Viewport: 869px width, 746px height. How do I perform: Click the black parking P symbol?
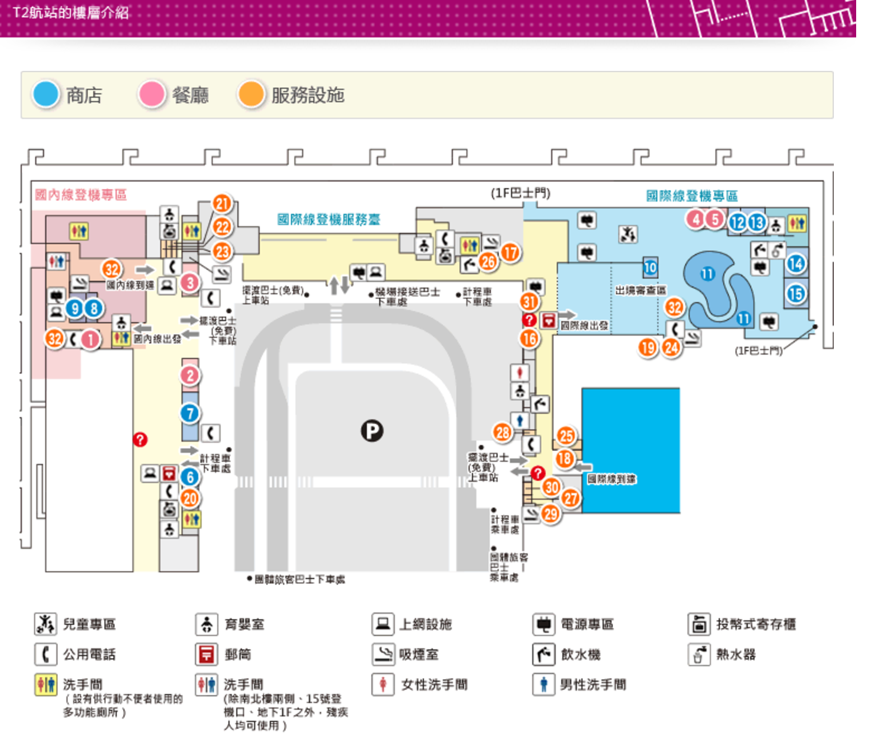[x=372, y=431]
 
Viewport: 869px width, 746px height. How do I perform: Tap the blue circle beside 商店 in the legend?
[x=46, y=94]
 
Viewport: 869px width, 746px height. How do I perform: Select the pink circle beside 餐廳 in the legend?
[x=152, y=94]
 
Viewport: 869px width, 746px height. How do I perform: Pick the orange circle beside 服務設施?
[x=251, y=94]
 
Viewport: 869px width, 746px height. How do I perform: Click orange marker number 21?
[x=222, y=204]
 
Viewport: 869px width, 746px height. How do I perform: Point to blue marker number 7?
[x=190, y=413]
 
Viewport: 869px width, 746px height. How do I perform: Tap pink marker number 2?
[x=190, y=375]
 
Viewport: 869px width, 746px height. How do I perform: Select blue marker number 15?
[x=796, y=293]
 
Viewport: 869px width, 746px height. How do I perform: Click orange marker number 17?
[x=510, y=252]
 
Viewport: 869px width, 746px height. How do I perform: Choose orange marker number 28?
[x=503, y=432]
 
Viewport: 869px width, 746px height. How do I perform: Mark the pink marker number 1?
[x=90, y=339]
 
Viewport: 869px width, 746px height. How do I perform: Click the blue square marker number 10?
[x=650, y=267]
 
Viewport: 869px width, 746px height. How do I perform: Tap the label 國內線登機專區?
[x=81, y=195]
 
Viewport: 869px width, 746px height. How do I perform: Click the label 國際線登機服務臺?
[x=328, y=219]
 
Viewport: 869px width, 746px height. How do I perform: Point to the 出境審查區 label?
[x=641, y=290]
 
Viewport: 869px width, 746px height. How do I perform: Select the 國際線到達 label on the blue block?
[x=612, y=479]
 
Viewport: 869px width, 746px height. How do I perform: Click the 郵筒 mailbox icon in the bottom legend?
[x=207, y=654]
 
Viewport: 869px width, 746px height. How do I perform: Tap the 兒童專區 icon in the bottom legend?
[x=45, y=624]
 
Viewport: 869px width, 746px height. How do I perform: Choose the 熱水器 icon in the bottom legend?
[x=699, y=654]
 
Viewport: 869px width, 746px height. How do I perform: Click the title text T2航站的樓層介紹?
[x=70, y=12]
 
